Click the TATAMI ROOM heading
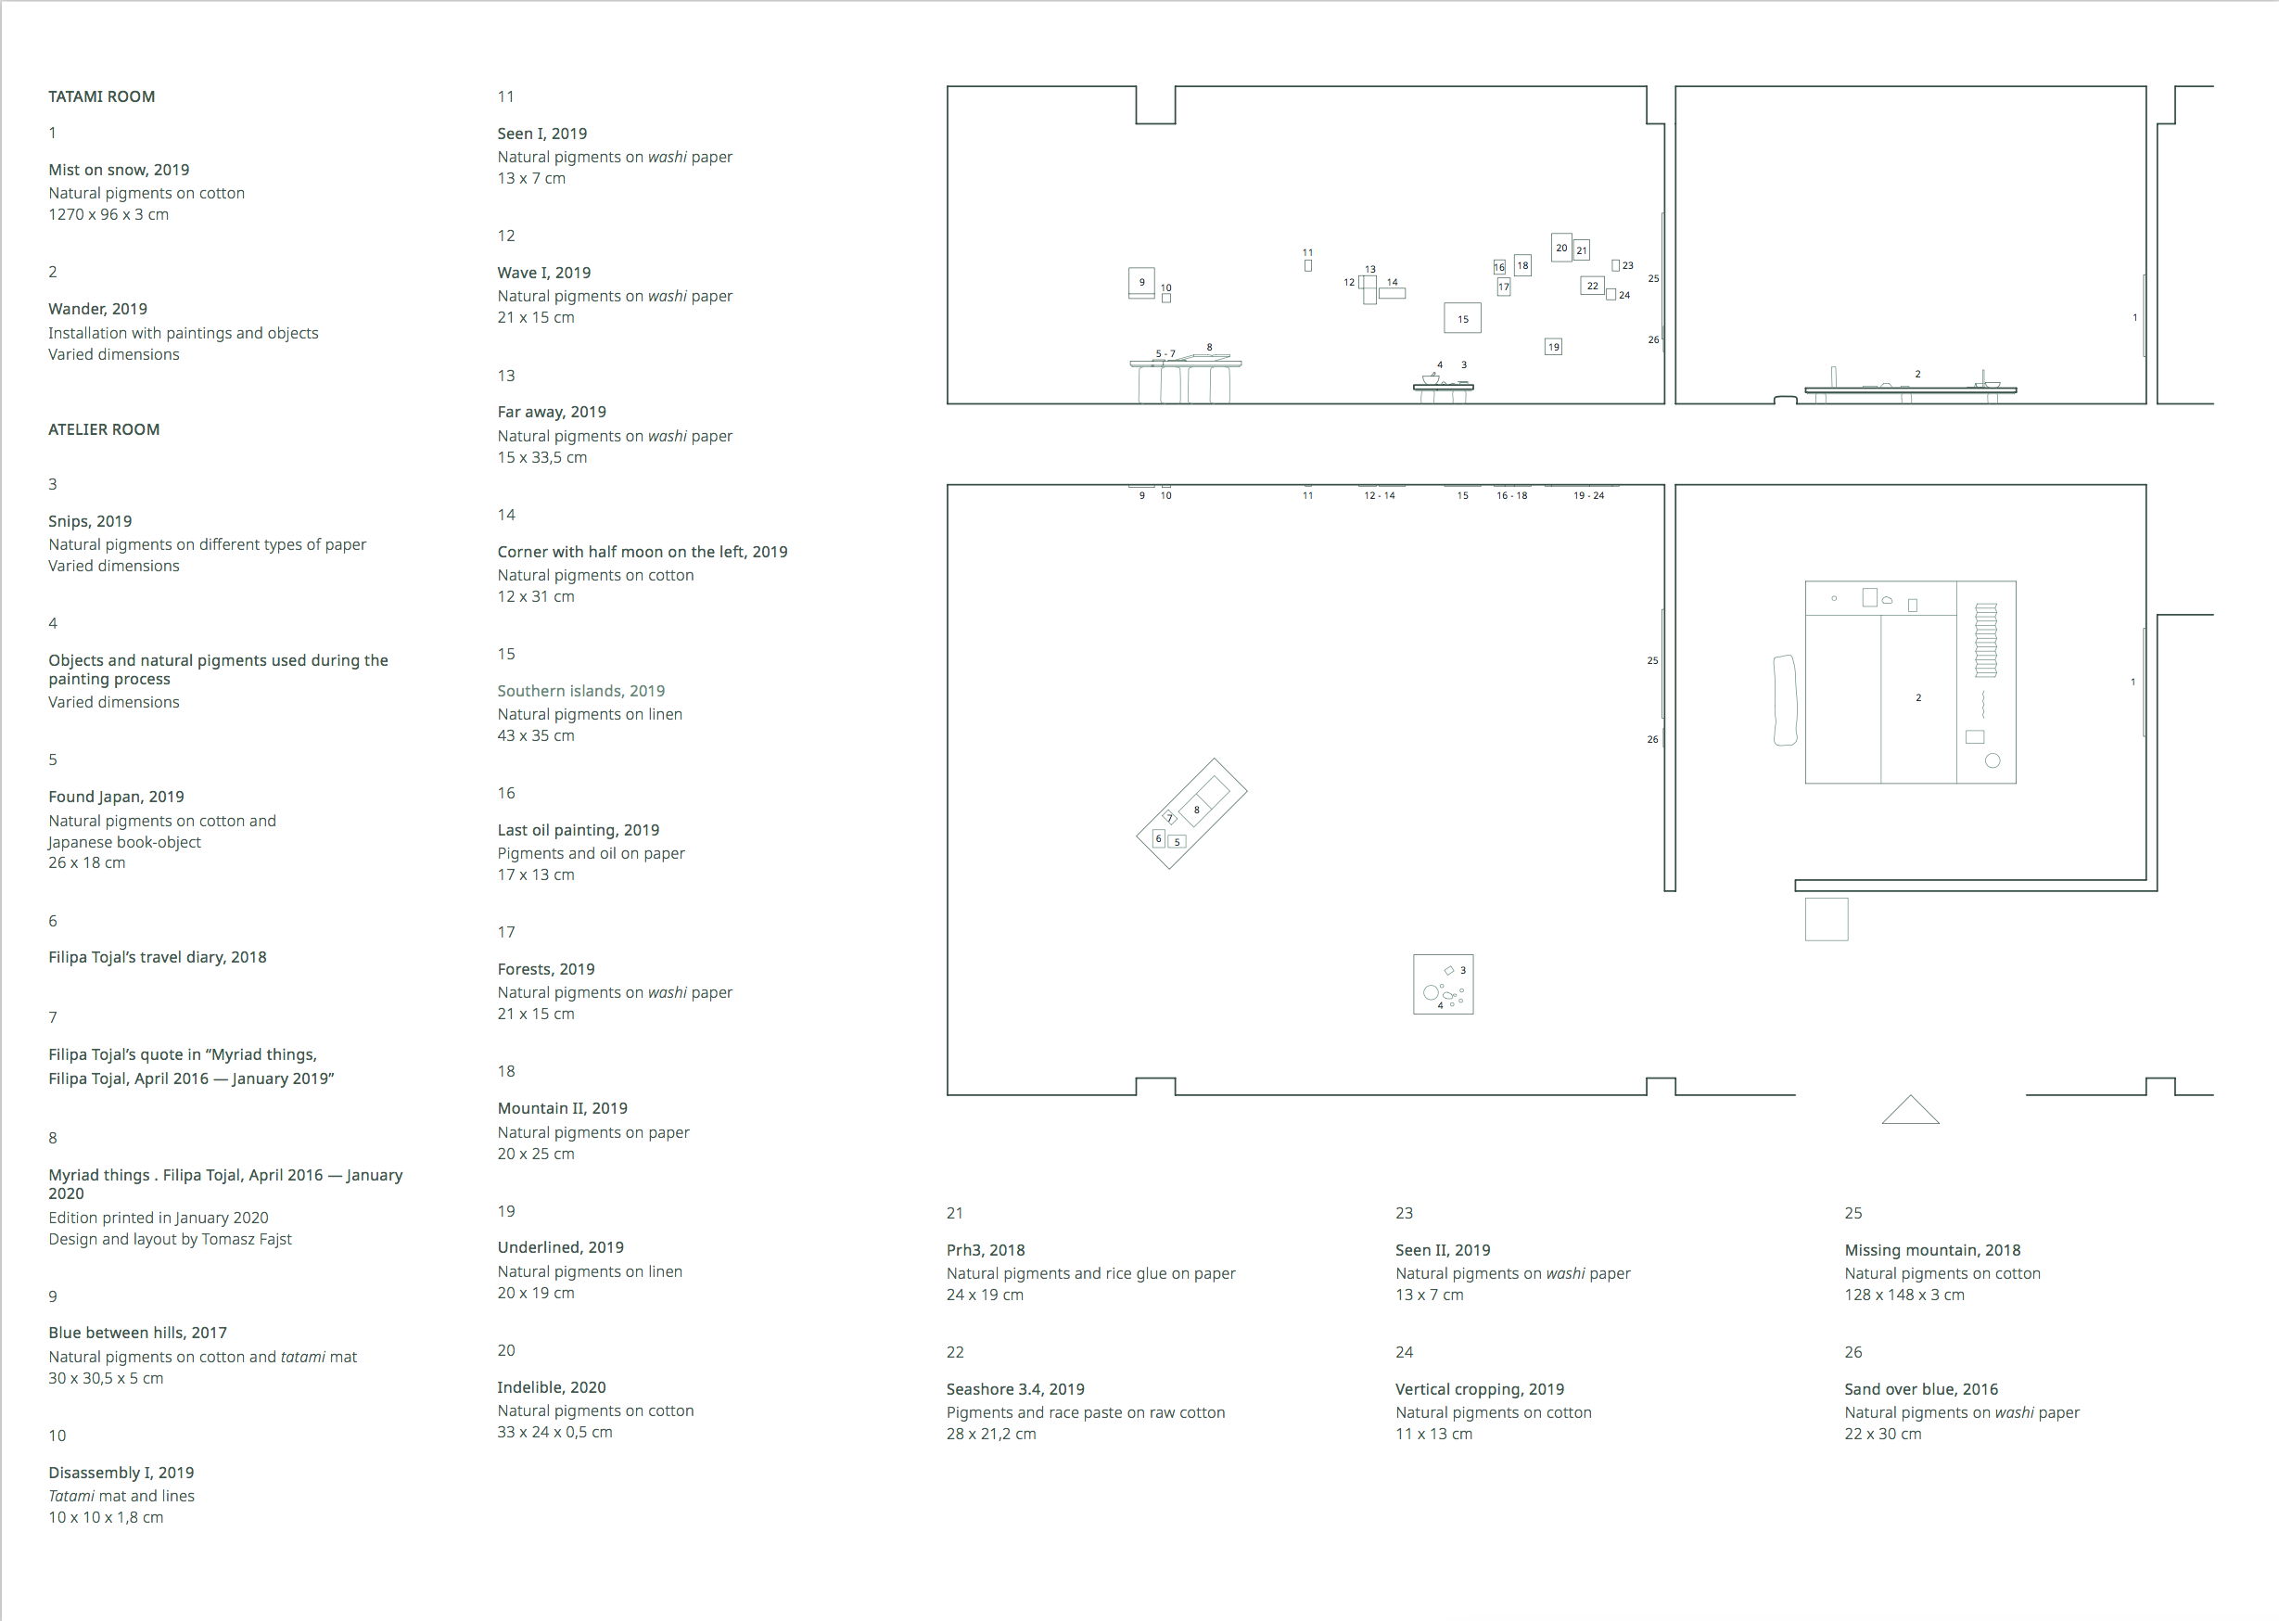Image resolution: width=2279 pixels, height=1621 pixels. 102,96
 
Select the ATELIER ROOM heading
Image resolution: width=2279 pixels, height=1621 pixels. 104,429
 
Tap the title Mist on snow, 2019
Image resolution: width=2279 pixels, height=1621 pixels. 119,170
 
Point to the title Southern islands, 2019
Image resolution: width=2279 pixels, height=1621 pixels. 580,691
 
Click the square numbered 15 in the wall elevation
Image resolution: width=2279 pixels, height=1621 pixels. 1462,318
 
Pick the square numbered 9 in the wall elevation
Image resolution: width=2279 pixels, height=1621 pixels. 1141,283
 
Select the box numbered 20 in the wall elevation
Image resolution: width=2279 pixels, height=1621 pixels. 1560,248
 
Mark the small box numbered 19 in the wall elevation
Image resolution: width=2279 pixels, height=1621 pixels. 1553,346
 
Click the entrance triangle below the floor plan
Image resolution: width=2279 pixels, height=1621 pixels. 1910,1110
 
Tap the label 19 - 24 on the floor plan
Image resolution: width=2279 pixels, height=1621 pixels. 1588,495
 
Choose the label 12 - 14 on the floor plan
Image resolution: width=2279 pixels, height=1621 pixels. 1379,495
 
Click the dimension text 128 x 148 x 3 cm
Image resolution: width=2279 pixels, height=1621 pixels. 1903,1295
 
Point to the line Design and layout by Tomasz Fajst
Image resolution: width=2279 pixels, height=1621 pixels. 170,1239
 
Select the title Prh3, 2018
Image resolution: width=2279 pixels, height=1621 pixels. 985,1250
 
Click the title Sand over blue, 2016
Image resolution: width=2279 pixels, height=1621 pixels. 1921,1388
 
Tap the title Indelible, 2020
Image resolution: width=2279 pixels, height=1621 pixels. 551,1386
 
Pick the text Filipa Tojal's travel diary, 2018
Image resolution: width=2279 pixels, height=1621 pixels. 158,957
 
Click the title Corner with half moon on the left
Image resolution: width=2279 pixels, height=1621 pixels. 642,552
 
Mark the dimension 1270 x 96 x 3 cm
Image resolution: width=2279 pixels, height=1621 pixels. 108,214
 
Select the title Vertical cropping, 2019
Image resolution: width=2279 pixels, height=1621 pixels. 1479,1388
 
